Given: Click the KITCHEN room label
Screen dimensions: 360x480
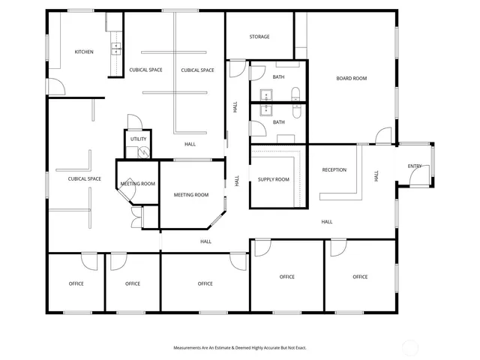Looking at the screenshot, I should point(84,52).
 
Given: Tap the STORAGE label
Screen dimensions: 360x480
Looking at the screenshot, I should point(259,37).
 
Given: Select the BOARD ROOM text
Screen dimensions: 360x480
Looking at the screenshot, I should point(351,79).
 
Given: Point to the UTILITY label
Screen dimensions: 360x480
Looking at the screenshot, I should point(139,139).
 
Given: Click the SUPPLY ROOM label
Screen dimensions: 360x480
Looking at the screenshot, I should point(274,179).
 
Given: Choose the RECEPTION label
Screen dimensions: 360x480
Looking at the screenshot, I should point(334,169).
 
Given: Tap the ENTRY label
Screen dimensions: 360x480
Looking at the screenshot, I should point(414,166).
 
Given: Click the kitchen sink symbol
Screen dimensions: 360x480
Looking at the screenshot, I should point(116,49).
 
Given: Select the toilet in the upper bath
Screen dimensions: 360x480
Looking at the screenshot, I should point(295,95).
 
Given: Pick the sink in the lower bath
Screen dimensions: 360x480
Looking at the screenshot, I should point(265,109).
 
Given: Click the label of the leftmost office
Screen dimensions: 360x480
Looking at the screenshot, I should point(76,283).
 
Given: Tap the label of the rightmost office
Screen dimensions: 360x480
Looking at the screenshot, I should point(360,277).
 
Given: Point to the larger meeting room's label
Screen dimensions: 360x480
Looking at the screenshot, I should point(191,195).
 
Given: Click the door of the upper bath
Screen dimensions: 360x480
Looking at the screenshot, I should point(256,73).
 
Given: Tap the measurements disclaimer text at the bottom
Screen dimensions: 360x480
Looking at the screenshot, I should point(240,348).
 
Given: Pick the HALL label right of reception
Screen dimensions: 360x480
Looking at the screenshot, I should point(376,175).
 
